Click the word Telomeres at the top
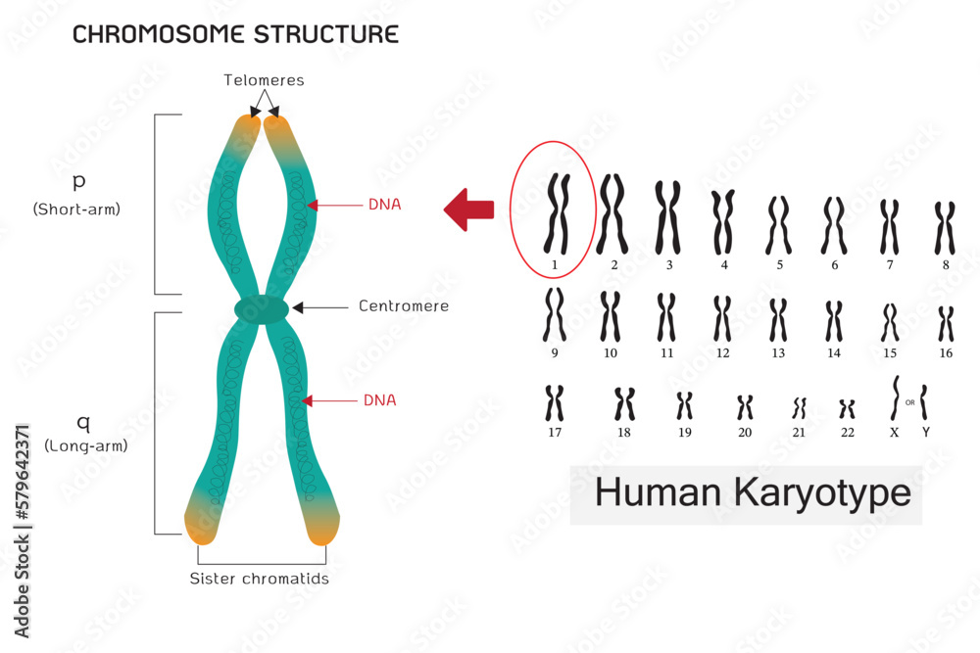click(x=264, y=80)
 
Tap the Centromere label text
click(x=404, y=306)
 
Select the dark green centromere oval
click(x=262, y=309)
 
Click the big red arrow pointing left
click(x=468, y=210)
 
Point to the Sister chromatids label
click(x=259, y=579)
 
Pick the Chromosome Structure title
click(x=236, y=35)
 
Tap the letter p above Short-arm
click(x=78, y=183)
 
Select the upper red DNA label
click(x=384, y=205)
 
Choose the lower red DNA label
click(x=379, y=400)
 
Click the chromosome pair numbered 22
click(x=848, y=407)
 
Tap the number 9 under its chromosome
click(x=554, y=352)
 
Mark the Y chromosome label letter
click(x=926, y=431)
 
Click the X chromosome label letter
click(x=894, y=431)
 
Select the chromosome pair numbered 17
click(x=554, y=402)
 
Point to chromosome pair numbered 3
click(x=667, y=215)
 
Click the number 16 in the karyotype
click(x=946, y=352)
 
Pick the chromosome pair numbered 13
click(x=779, y=319)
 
